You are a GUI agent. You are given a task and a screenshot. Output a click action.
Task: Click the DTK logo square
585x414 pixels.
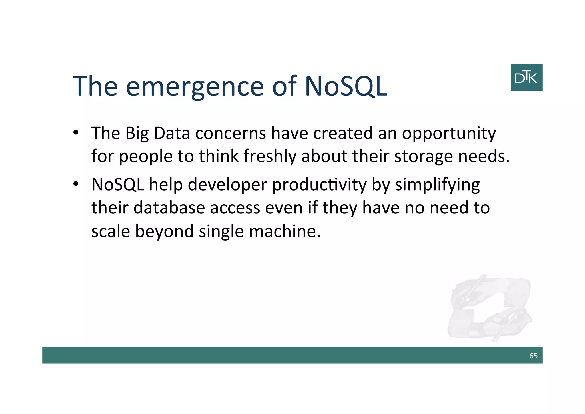pyautogui.click(x=526, y=77)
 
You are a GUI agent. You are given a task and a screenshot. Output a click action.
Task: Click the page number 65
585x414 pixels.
pyautogui.click(x=533, y=356)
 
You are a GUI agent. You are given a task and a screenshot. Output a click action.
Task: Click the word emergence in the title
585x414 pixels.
pyautogui.click(x=195, y=86)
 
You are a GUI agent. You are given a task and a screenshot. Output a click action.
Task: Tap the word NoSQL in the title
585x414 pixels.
pyautogui.click(x=346, y=86)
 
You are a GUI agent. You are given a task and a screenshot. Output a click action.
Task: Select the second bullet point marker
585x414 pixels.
pyautogui.click(x=76, y=184)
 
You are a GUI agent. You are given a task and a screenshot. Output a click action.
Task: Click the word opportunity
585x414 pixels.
pyautogui.click(x=449, y=134)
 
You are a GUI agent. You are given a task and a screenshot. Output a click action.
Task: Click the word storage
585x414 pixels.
pyautogui.click(x=424, y=157)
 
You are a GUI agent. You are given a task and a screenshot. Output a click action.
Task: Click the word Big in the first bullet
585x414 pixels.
pyautogui.click(x=137, y=134)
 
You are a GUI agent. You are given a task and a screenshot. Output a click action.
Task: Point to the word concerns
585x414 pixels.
pyautogui.click(x=231, y=133)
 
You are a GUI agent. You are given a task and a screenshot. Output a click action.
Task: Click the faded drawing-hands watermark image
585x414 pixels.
pyautogui.click(x=489, y=308)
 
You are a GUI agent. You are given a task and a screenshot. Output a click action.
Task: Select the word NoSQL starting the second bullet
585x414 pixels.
pyautogui.click(x=117, y=185)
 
